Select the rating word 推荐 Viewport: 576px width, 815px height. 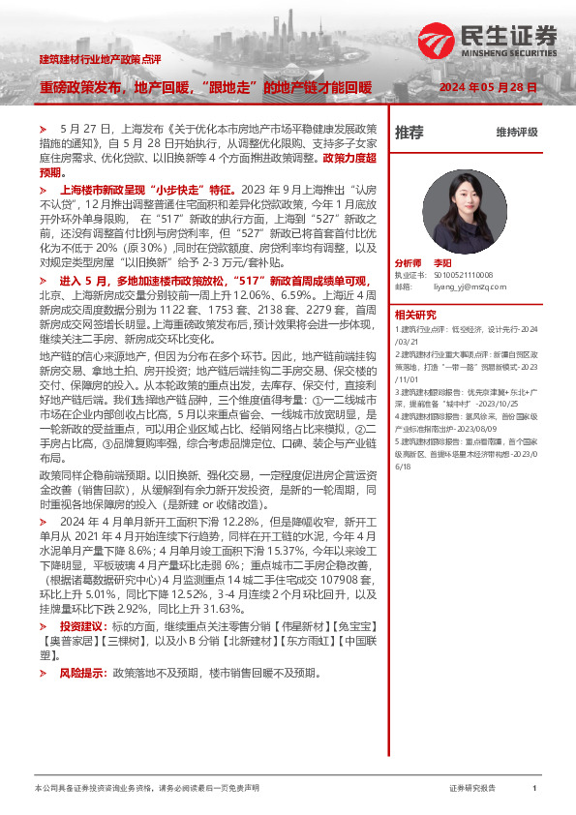[x=409, y=133]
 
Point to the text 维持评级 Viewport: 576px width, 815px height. [x=516, y=133]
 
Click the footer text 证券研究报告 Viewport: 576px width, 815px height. [x=472, y=789]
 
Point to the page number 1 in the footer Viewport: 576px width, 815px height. [x=534, y=789]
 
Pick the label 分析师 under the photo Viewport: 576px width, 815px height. [x=409, y=263]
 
